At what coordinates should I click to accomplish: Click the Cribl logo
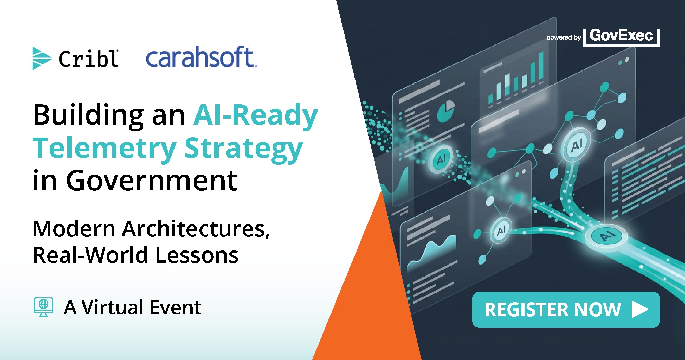coord(75,58)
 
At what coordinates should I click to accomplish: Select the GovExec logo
coord(621,37)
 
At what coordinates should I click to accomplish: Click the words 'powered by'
coord(564,37)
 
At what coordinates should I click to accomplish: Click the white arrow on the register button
coord(639,309)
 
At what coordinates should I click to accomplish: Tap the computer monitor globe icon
coord(43,307)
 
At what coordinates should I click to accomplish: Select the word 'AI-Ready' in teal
coord(256,115)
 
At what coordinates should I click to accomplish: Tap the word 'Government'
coord(152,180)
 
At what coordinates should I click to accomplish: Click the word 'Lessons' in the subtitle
coord(197,255)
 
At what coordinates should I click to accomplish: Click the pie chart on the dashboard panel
coord(446,111)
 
